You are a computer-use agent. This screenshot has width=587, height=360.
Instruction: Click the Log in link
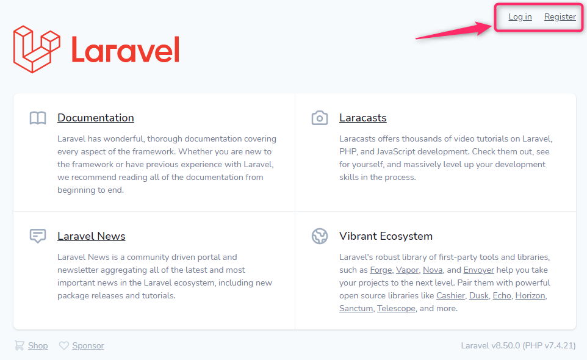(520, 17)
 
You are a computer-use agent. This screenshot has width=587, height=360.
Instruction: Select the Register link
(560, 17)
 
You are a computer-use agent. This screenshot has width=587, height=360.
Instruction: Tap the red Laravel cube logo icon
(37, 49)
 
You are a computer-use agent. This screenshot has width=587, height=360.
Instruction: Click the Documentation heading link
(95, 118)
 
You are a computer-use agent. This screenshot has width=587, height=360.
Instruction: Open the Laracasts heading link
(363, 118)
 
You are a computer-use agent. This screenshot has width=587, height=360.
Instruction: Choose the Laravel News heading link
(92, 236)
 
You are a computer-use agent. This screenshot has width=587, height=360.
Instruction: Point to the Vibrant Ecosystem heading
(386, 236)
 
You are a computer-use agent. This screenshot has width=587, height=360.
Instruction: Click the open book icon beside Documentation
(38, 118)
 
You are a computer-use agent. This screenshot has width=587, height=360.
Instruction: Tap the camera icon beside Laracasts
(320, 118)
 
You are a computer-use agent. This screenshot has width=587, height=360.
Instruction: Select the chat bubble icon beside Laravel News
(38, 236)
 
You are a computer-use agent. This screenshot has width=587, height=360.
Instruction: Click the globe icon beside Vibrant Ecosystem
(320, 236)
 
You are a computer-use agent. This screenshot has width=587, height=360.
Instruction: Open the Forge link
(381, 270)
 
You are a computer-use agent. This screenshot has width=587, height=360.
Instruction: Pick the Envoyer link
(478, 270)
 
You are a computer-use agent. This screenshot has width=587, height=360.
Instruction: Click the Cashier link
(450, 296)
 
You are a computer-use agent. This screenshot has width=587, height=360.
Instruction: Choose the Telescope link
(396, 308)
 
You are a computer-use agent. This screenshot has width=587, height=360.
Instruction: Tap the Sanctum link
(356, 308)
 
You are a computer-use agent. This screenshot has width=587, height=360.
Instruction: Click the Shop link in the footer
(38, 345)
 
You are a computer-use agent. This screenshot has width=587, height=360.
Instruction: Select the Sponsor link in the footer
(88, 345)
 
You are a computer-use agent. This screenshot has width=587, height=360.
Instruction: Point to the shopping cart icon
(20, 345)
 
